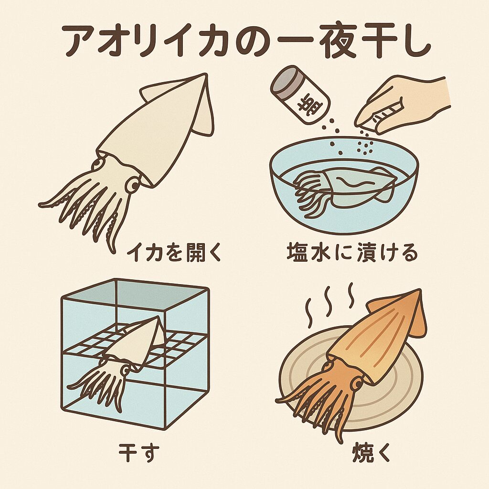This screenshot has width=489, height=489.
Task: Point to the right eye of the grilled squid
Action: coord(357,383)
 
